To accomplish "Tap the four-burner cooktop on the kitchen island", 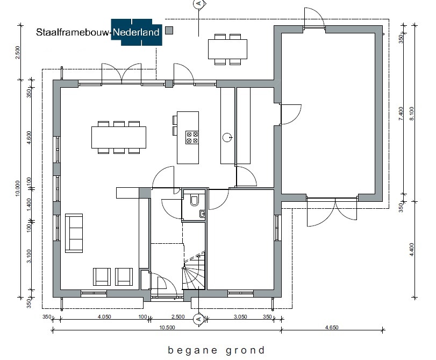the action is [x=192, y=137].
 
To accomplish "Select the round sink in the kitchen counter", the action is [x=227, y=137].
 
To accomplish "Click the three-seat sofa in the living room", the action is [x=74, y=233].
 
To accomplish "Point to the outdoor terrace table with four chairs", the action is [x=228, y=50].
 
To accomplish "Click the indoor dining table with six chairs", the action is [x=119, y=137].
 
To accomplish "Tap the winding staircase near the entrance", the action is [x=194, y=271].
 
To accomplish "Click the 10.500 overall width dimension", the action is [x=167, y=327].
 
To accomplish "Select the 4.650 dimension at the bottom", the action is [x=332, y=327].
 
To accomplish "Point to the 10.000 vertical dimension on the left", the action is [x=18, y=188].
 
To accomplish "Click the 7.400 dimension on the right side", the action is [x=401, y=114].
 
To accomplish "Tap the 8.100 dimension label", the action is [x=412, y=114].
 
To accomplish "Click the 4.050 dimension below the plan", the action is [x=104, y=316].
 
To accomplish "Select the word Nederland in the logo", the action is [x=136, y=32].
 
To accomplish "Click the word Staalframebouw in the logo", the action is [x=73, y=32].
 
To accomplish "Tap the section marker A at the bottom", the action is [x=198, y=319].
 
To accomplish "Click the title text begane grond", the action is [x=216, y=350].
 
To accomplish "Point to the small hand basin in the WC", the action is [x=202, y=214].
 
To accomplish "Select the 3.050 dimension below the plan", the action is [x=240, y=316].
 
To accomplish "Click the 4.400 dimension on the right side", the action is [x=412, y=250].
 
